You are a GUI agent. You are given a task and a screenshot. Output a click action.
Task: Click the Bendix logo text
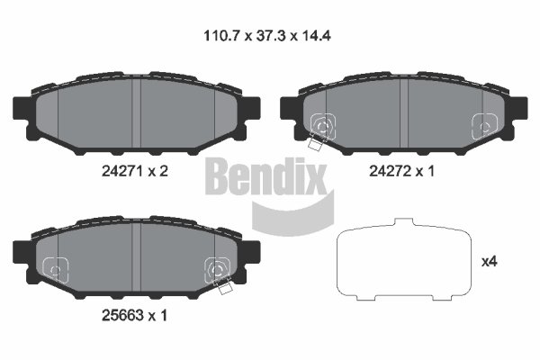pos(265,176)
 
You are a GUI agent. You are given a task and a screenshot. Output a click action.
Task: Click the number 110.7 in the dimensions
pos(221,35)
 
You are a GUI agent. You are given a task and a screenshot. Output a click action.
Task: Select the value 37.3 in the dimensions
pos(272,35)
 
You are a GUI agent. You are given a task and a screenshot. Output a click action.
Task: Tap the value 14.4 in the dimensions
pos(317,35)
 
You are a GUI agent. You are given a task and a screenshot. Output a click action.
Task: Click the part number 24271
pos(121,171)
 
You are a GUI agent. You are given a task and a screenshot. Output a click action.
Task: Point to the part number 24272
pos(390,171)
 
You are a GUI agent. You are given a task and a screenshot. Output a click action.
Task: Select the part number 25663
pos(121,315)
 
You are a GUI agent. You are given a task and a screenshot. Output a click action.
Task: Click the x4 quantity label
pos(489,262)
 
